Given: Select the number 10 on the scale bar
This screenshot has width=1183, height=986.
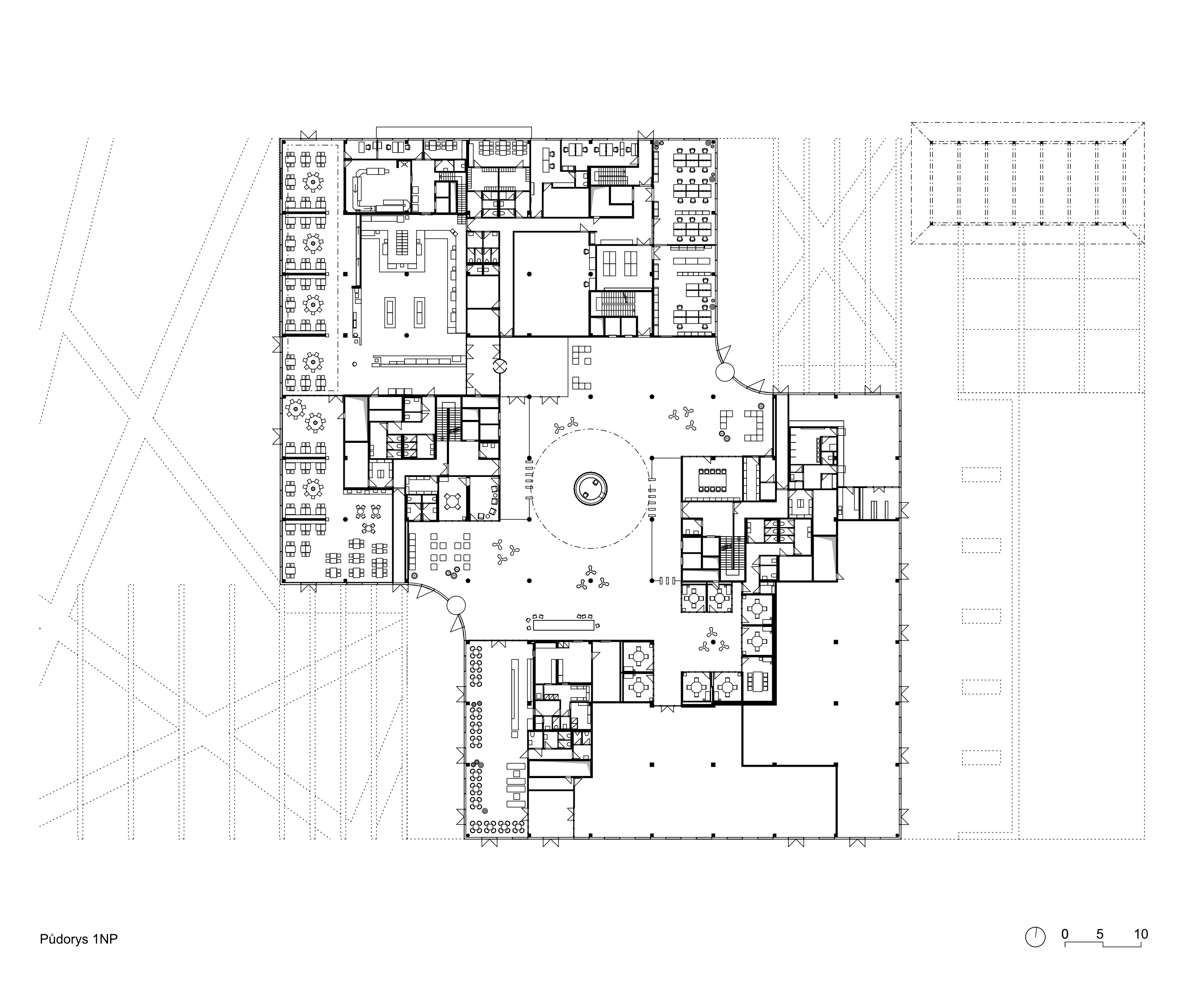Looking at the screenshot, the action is (x=1141, y=934).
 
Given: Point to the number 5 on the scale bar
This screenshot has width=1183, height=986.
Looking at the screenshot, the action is (x=1100, y=934).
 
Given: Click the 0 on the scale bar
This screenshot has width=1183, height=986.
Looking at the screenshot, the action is (x=1065, y=934).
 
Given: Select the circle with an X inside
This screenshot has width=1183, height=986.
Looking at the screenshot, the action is (x=499, y=366).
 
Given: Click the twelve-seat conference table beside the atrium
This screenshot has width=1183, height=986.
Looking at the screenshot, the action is (x=713, y=479).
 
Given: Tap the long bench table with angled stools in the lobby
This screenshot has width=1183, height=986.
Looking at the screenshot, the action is (x=563, y=624).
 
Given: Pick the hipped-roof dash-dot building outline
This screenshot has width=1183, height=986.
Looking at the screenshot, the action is (x=1027, y=183).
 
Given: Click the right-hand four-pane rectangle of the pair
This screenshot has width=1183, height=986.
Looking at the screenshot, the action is (x=631, y=263).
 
